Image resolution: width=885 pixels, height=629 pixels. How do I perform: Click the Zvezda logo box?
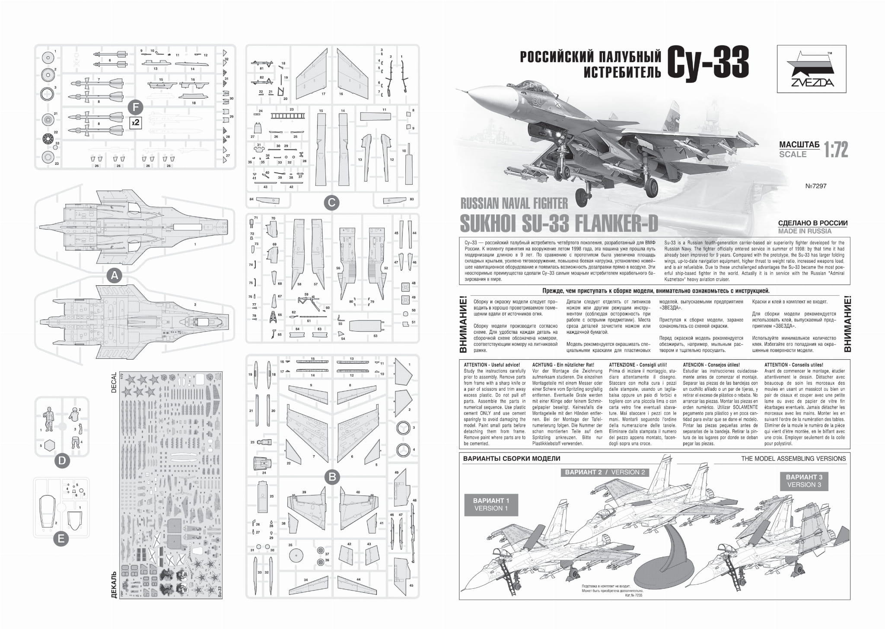(811, 69)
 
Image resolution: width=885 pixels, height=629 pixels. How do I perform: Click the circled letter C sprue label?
(331, 202)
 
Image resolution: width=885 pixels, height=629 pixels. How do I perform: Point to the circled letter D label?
(62, 461)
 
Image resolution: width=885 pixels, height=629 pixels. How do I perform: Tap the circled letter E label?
(61, 539)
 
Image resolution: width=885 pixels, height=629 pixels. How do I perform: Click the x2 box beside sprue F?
(136, 122)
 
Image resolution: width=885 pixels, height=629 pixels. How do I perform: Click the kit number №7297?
(816, 186)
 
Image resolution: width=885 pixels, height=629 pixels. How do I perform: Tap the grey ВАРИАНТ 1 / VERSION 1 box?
(491, 504)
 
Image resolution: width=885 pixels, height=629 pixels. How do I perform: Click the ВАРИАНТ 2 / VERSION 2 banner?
(605, 472)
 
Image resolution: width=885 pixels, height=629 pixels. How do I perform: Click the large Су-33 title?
(708, 63)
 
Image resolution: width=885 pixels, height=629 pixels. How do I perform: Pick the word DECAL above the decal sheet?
(114, 382)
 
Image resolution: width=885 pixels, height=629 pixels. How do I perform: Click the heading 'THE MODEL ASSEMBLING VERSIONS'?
(793, 459)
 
